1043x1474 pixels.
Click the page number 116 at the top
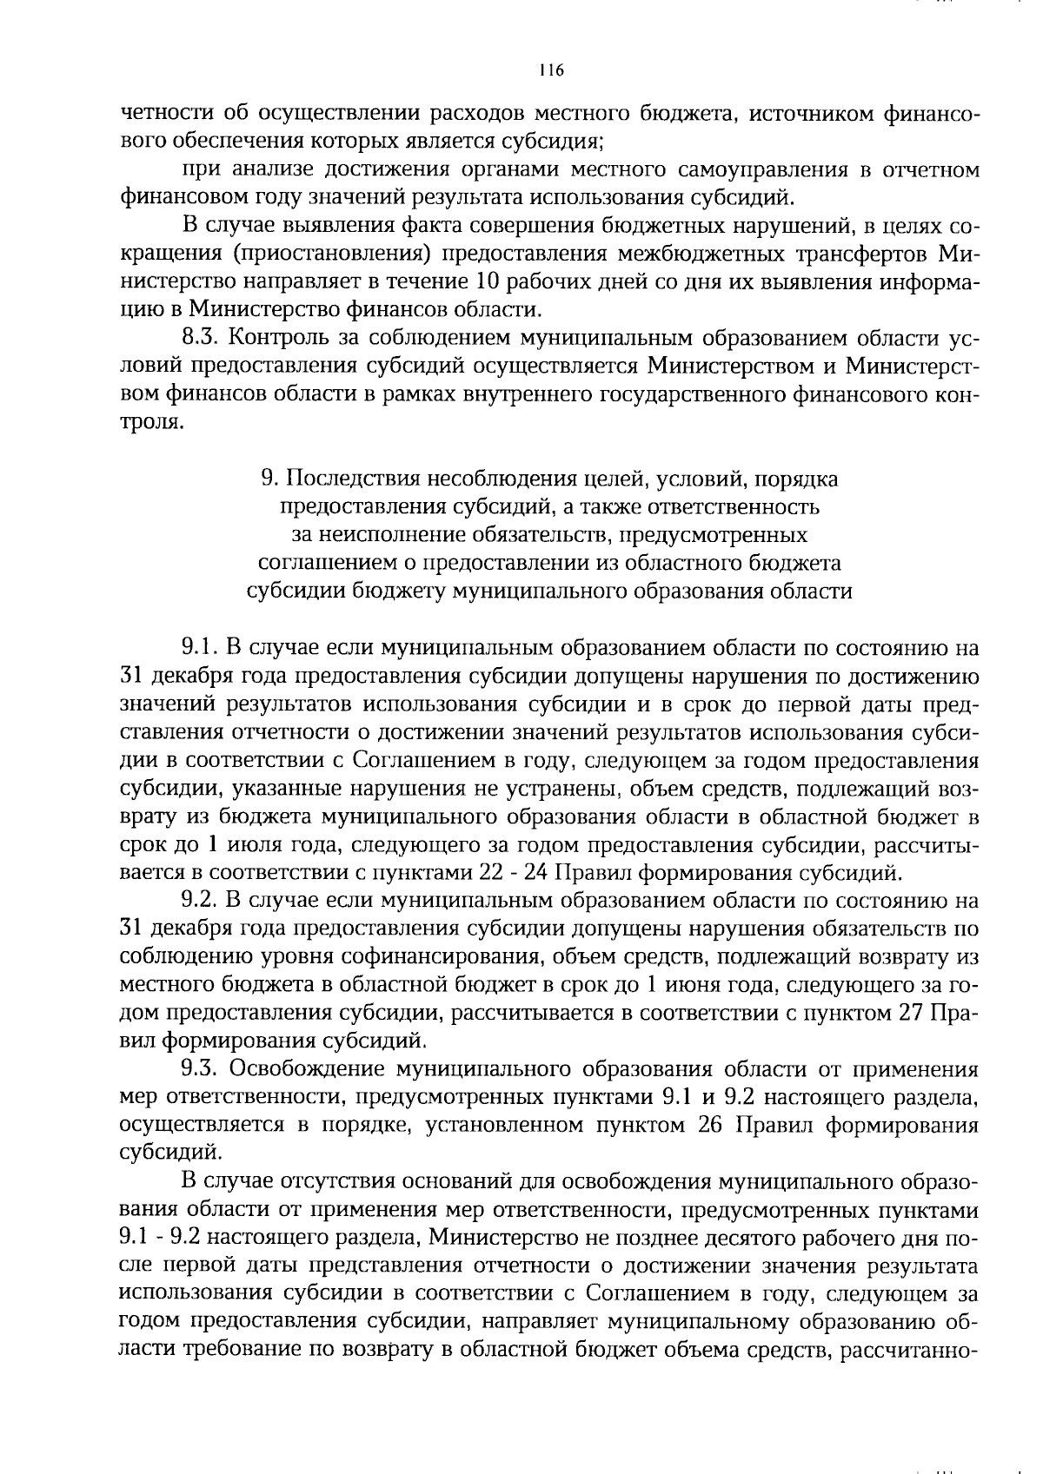(x=551, y=71)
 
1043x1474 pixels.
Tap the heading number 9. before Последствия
(x=269, y=479)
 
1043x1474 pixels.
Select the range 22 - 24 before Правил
(x=515, y=872)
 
